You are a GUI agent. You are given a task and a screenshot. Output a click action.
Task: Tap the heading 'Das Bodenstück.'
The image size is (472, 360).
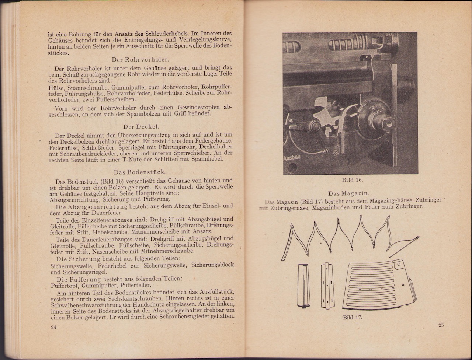point(140,172)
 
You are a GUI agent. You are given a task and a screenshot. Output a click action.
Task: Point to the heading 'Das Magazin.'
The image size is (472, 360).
point(348,193)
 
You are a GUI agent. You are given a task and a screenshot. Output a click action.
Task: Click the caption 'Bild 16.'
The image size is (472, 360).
point(352,180)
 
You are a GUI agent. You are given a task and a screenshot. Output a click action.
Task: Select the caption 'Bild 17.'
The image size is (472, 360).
point(353,317)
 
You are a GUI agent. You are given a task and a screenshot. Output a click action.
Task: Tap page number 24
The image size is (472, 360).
point(53,328)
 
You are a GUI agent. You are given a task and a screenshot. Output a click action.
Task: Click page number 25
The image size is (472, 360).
point(441,325)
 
